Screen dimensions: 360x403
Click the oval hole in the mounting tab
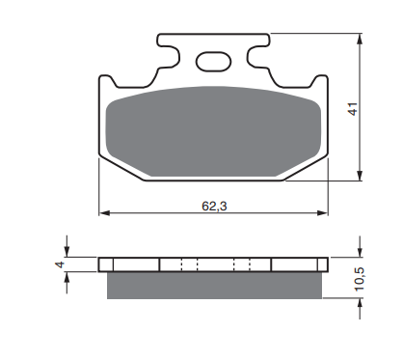(211, 62)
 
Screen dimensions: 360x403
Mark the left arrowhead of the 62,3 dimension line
(104, 211)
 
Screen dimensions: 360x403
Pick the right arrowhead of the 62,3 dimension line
(321, 211)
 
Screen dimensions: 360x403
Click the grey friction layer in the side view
(213, 284)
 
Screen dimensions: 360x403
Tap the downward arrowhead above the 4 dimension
(67, 252)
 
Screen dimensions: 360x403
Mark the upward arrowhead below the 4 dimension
(67, 278)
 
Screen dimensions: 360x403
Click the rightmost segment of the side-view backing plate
(297, 264)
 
